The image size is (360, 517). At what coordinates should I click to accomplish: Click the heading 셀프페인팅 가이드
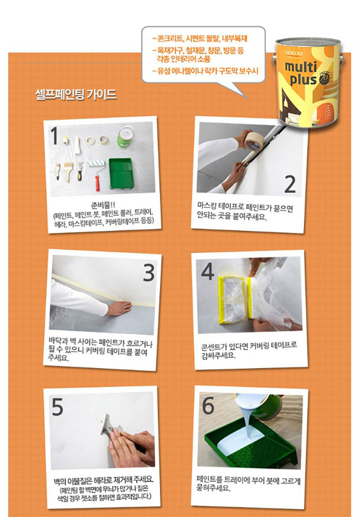point(76,95)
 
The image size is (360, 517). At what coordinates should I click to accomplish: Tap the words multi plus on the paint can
point(301,73)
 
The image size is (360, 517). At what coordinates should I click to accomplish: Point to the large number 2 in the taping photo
point(290,184)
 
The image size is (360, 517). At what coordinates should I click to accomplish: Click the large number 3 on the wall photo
point(149,272)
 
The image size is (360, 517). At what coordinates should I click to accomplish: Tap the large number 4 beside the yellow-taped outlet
point(207,272)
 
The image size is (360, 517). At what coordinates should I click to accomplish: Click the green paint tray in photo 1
point(121,173)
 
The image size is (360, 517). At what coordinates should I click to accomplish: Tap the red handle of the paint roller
point(98,183)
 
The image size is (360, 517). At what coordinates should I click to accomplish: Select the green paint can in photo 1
point(126,136)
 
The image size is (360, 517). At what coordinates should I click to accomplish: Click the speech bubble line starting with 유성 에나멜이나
point(205,71)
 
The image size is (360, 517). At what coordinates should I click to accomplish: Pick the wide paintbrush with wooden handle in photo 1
point(69,171)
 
